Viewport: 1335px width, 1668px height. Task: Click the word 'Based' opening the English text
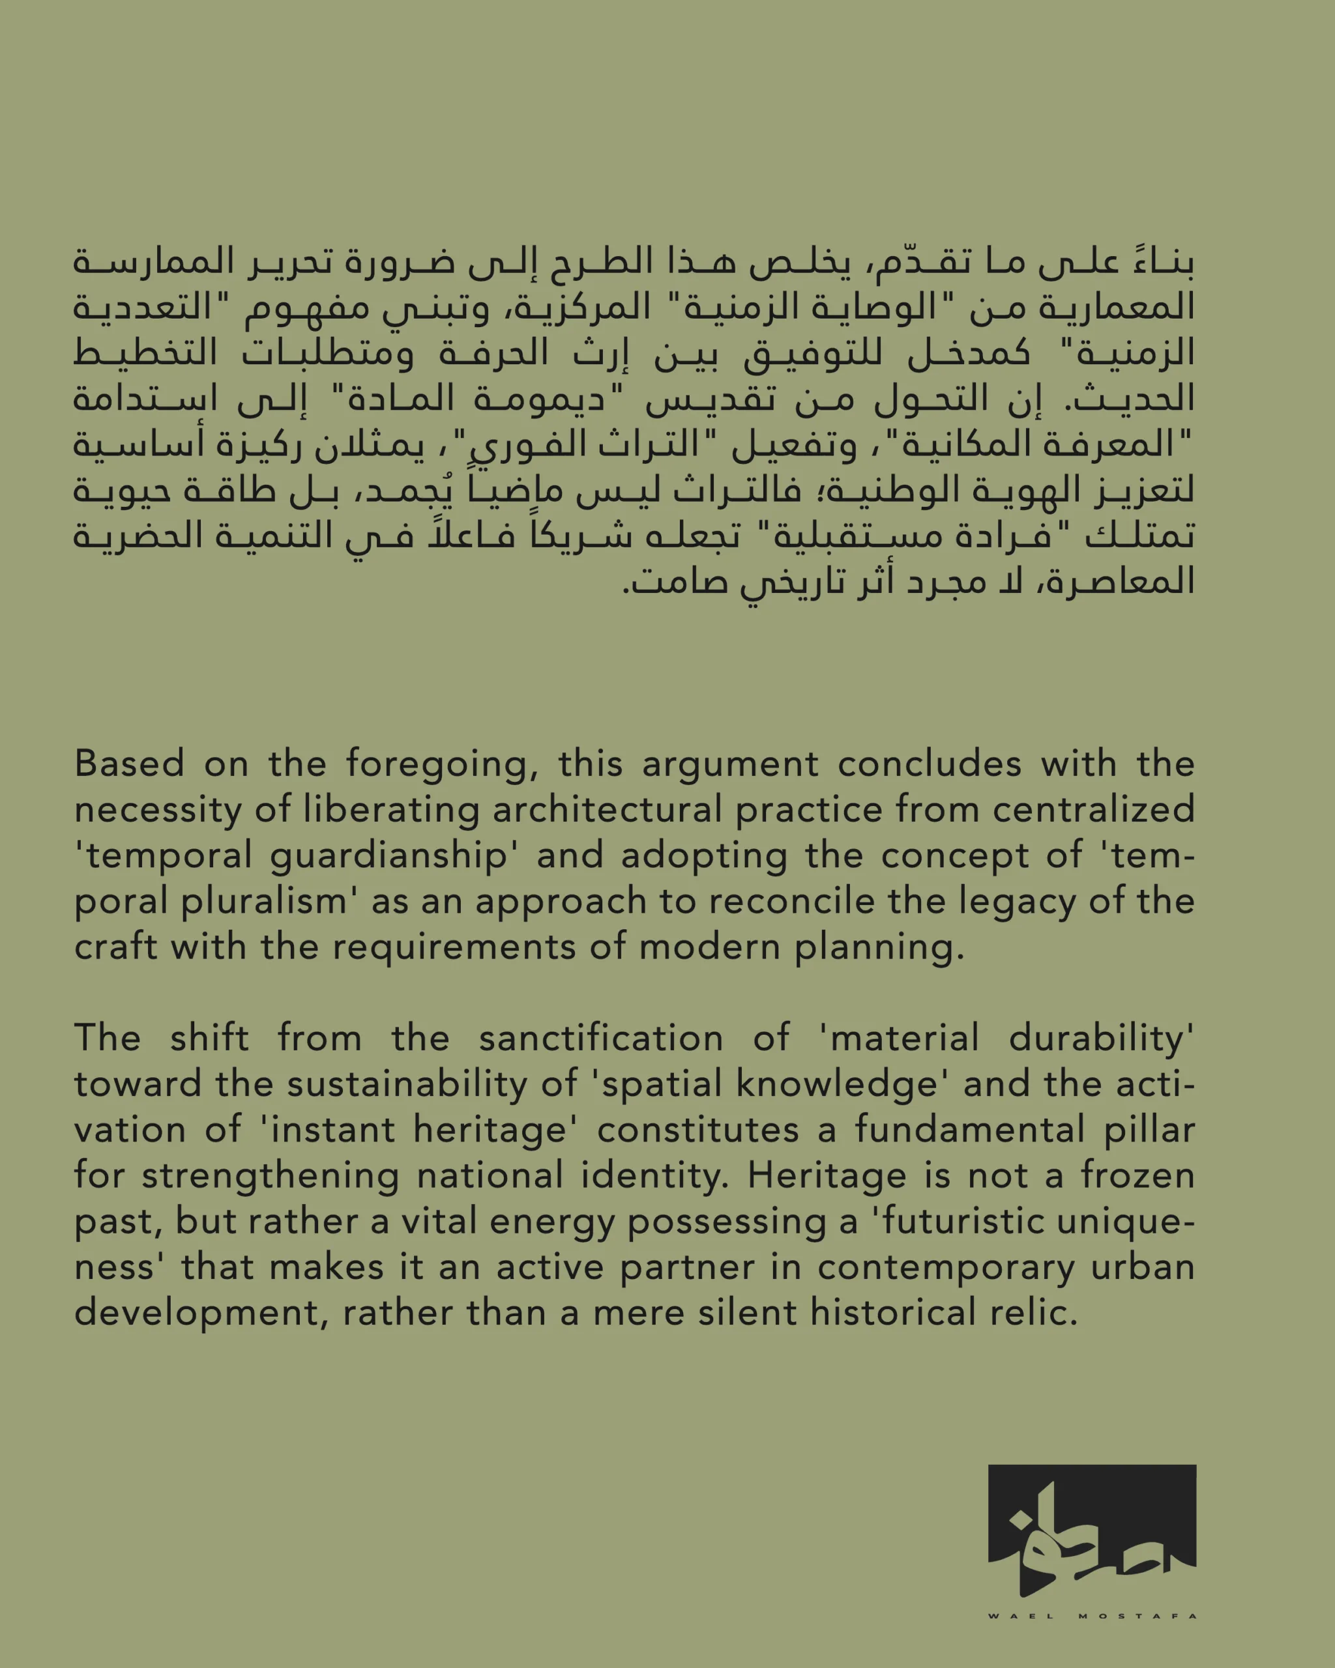tap(129, 764)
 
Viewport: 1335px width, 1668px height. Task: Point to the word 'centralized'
tap(1094, 809)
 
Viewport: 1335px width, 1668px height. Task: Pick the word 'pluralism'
tap(264, 902)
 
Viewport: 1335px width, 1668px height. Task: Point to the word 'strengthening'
tap(270, 1177)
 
